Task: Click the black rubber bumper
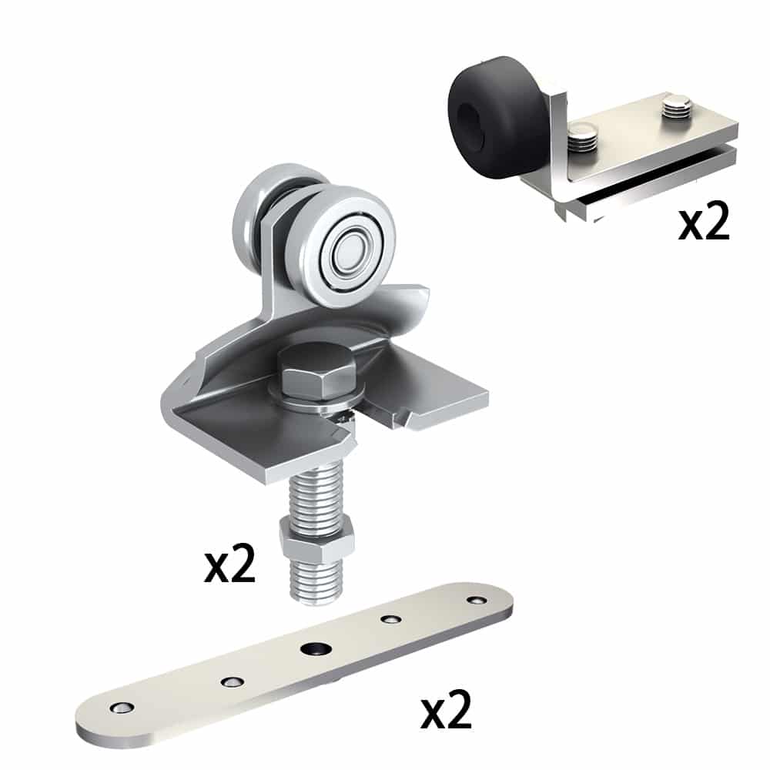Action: pyautogui.click(x=493, y=115)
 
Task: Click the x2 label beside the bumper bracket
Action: pyautogui.click(x=703, y=223)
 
